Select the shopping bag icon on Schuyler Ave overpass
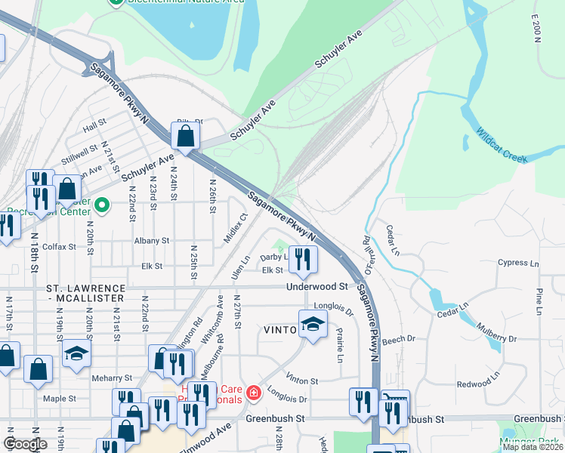[x=185, y=137]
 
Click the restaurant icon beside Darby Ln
[x=301, y=260]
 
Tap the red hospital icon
[x=254, y=392]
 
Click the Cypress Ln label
[x=519, y=263]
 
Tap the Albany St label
[x=152, y=240]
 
